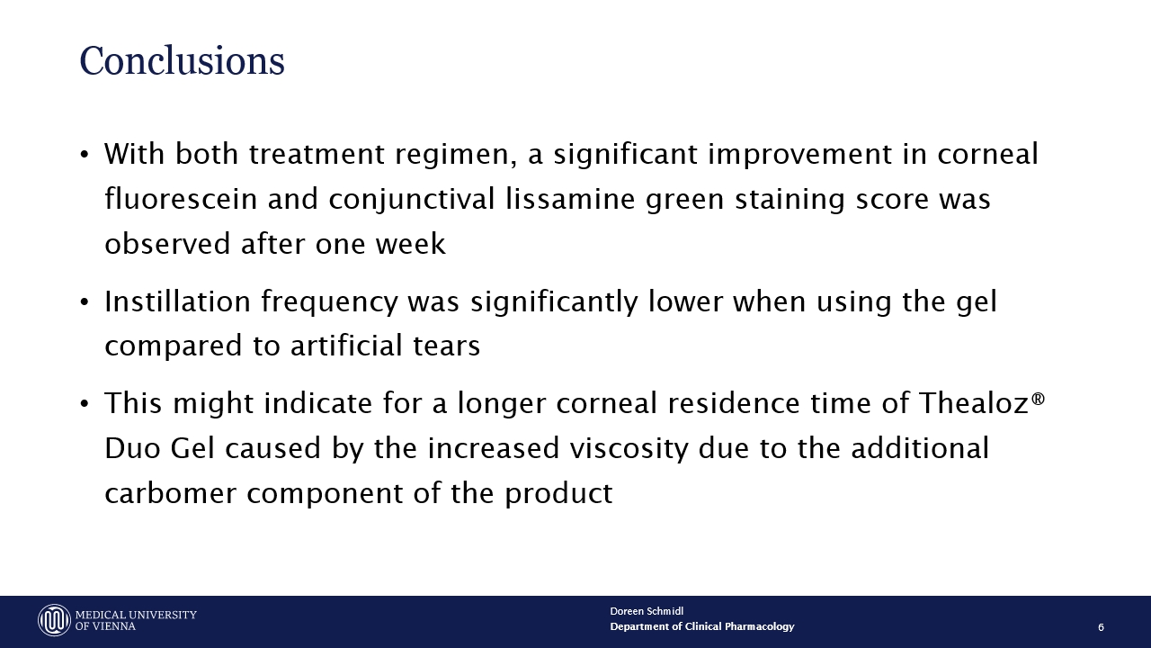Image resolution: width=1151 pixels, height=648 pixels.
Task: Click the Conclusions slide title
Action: click(182, 61)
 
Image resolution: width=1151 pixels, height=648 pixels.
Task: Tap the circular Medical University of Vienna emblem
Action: click(54, 620)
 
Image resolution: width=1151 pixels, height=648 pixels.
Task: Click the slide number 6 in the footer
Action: click(1101, 627)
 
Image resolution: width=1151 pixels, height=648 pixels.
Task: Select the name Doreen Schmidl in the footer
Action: click(647, 611)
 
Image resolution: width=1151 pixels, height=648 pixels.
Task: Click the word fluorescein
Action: click(181, 199)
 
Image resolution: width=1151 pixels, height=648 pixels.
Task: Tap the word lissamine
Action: click(570, 199)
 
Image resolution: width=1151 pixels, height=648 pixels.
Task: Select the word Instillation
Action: click(178, 301)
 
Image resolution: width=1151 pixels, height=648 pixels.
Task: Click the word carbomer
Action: click(171, 492)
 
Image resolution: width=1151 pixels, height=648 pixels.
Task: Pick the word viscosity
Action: click(629, 448)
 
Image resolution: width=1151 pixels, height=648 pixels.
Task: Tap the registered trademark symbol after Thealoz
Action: click(1038, 399)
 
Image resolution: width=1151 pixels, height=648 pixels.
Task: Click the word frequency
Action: click(329, 301)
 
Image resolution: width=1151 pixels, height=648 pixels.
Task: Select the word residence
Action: click(734, 402)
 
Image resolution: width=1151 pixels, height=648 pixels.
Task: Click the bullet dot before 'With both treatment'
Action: click(85, 154)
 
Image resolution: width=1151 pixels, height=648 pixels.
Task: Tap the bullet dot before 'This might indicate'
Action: click(85, 404)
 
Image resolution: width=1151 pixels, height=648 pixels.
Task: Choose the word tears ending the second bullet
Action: click(447, 346)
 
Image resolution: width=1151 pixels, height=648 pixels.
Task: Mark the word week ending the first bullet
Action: click(411, 243)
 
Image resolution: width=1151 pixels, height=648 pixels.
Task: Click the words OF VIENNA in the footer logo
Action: click(105, 626)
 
